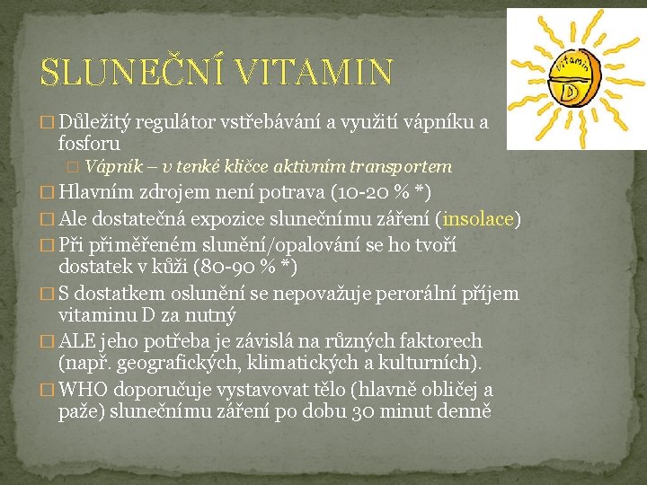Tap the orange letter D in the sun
click(568, 91)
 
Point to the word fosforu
click(89, 143)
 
